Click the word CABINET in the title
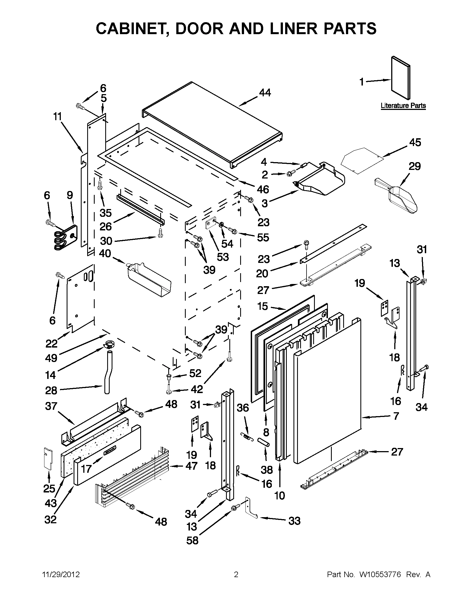[x=130, y=29]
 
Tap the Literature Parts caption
[x=403, y=106]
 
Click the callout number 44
[x=265, y=93]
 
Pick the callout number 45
[x=415, y=143]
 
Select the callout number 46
[x=263, y=190]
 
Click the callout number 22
[x=51, y=343]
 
